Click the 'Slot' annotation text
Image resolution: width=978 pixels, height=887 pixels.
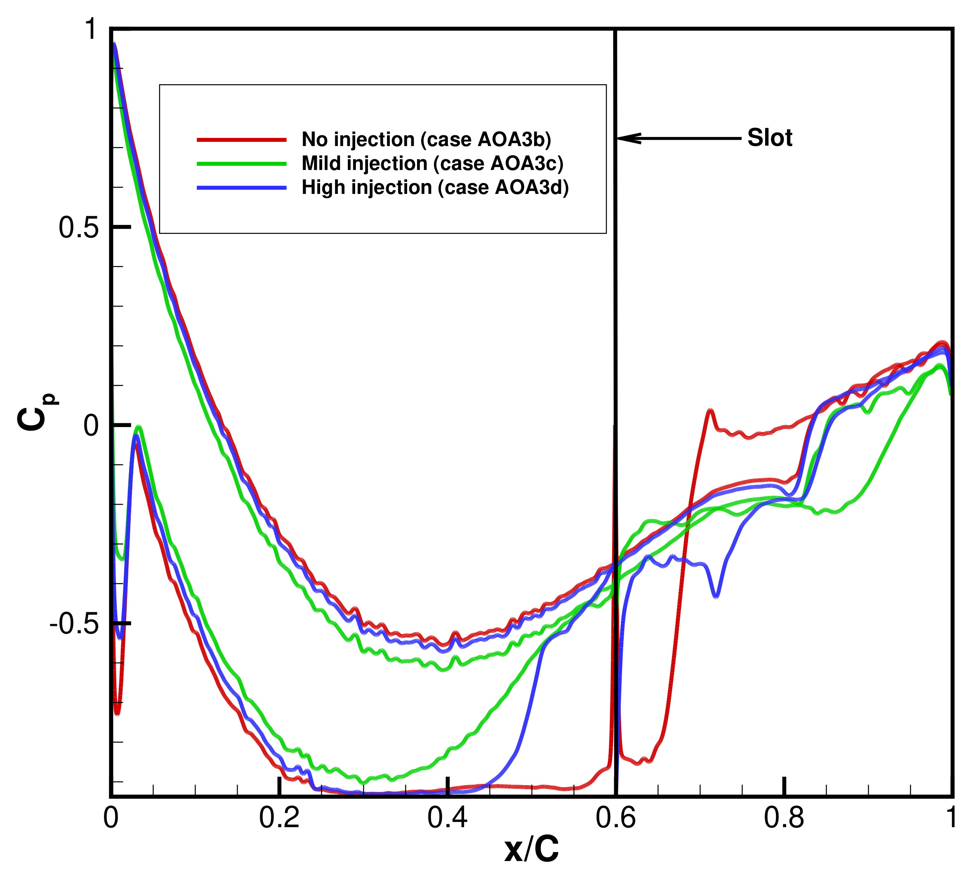point(769,138)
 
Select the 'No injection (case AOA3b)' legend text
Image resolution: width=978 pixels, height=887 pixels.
point(426,140)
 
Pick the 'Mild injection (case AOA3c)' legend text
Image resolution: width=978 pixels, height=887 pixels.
point(432,163)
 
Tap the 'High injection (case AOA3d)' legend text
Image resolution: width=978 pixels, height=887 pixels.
point(435,187)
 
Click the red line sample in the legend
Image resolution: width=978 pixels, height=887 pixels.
point(242,140)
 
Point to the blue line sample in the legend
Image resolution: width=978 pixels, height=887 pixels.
point(242,188)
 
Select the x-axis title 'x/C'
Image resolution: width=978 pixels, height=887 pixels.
point(532,849)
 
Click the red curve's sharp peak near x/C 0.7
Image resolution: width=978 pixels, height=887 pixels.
point(710,411)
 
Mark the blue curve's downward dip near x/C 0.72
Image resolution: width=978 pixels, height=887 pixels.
point(716,595)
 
